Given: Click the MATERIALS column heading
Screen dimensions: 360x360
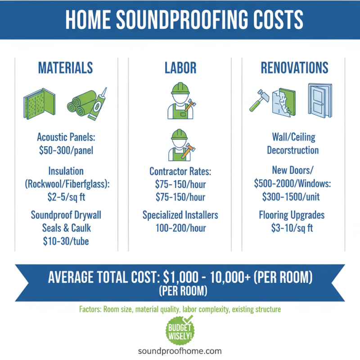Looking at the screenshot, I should (x=66, y=68).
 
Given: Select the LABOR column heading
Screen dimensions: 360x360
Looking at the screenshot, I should (x=180, y=68).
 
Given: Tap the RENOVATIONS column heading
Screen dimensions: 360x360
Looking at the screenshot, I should (x=294, y=68).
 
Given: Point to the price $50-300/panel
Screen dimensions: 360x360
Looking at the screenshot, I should (x=66, y=150).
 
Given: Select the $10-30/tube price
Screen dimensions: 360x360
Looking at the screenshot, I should (x=66, y=241).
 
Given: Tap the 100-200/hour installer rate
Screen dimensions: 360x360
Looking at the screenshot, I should (x=180, y=228).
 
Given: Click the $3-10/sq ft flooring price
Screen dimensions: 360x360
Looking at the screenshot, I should (x=294, y=228).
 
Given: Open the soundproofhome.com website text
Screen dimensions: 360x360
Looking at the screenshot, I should (x=180, y=351).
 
